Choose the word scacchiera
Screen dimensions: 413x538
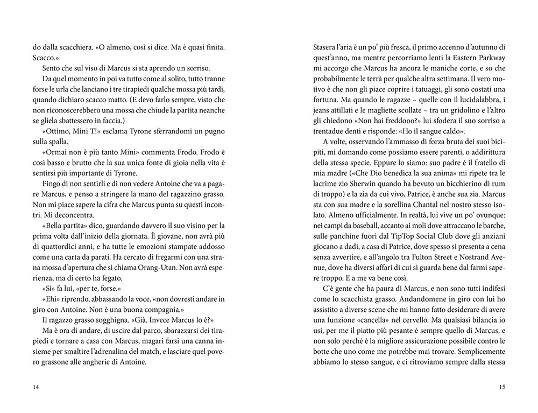click(66, 48)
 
